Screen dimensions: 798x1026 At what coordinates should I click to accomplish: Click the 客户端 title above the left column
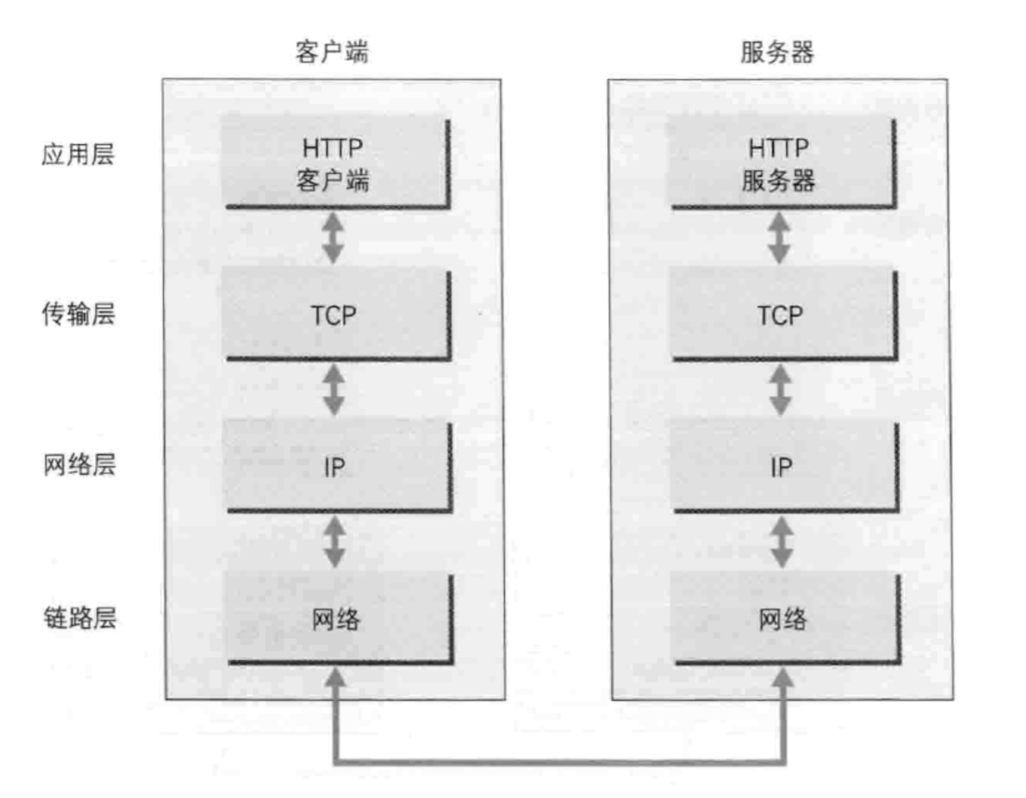coord(332,52)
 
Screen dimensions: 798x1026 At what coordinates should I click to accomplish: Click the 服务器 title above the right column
coord(777,52)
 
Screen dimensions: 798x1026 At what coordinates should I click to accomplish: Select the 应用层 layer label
coord(78,155)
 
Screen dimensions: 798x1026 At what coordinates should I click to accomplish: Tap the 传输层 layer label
coord(78,313)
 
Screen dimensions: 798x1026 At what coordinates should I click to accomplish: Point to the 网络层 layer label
coord(79,465)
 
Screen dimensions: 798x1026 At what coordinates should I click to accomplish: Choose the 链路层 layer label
coord(80,618)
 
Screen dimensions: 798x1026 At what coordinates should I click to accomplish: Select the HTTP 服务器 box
coord(782,162)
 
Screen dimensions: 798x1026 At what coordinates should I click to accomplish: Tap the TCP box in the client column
coord(336,315)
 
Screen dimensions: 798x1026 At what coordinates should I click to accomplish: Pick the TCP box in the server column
coord(782,315)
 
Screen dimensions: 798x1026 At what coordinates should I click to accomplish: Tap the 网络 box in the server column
coord(785,619)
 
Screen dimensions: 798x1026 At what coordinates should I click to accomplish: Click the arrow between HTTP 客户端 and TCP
coord(333,238)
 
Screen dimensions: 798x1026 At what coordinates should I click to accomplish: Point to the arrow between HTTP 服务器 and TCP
coord(779,238)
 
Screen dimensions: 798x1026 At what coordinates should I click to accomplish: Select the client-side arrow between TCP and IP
coord(333,390)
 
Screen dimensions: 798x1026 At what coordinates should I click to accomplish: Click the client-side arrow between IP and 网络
coord(334,542)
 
